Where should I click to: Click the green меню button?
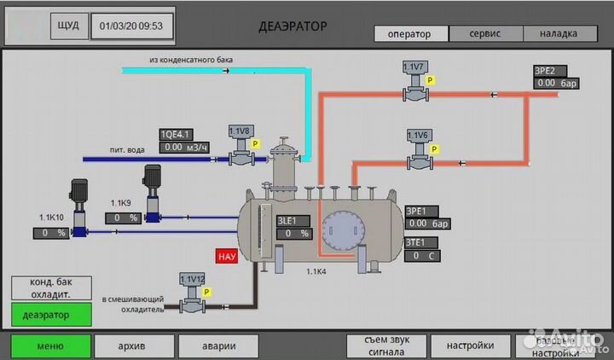[x=50, y=346]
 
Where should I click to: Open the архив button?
[x=131, y=346]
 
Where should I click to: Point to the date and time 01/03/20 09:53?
[x=131, y=26]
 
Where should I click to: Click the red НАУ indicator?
[x=227, y=255]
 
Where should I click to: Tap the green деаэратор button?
[x=50, y=314]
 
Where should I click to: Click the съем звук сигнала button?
[x=386, y=345]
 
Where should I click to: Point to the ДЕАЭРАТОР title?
[x=293, y=26]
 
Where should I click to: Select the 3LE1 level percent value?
[x=295, y=233]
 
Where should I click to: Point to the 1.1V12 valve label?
[x=194, y=278]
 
